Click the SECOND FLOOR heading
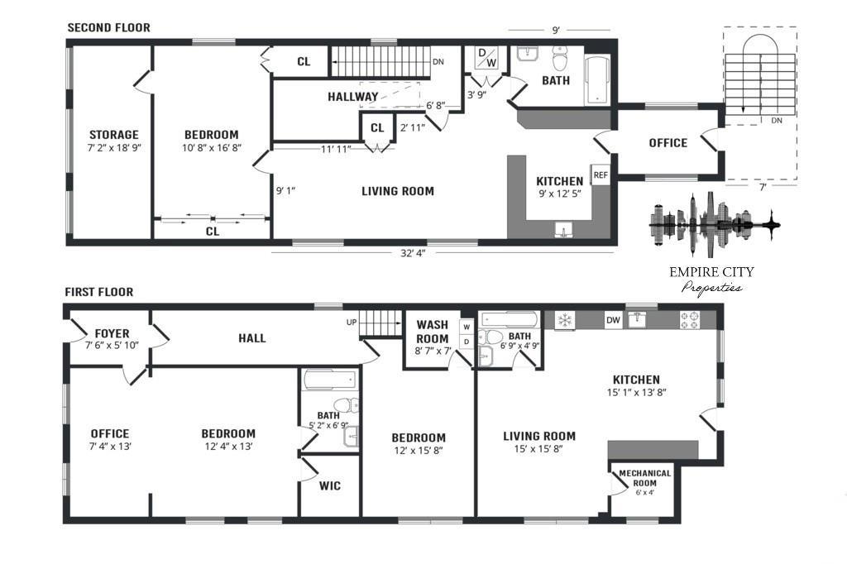[108, 27]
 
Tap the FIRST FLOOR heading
[99, 292]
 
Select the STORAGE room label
[114, 135]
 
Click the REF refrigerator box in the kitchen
[601, 175]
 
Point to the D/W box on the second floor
[487, 59]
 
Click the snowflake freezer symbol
[564, 320]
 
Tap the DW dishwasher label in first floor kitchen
[613, 320]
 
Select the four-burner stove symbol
[690, 320]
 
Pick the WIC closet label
[329, 485]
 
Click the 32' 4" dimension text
[413, 252]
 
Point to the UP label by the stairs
[352, 323]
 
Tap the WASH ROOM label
[432, 332]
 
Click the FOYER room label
[112, 333]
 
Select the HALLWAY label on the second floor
[352, 97]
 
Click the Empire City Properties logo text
[711, 280]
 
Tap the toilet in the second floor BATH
[560, 59]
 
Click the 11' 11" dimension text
[336, 149]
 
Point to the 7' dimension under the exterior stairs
[763, 188]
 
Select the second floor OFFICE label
[668, 142]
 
